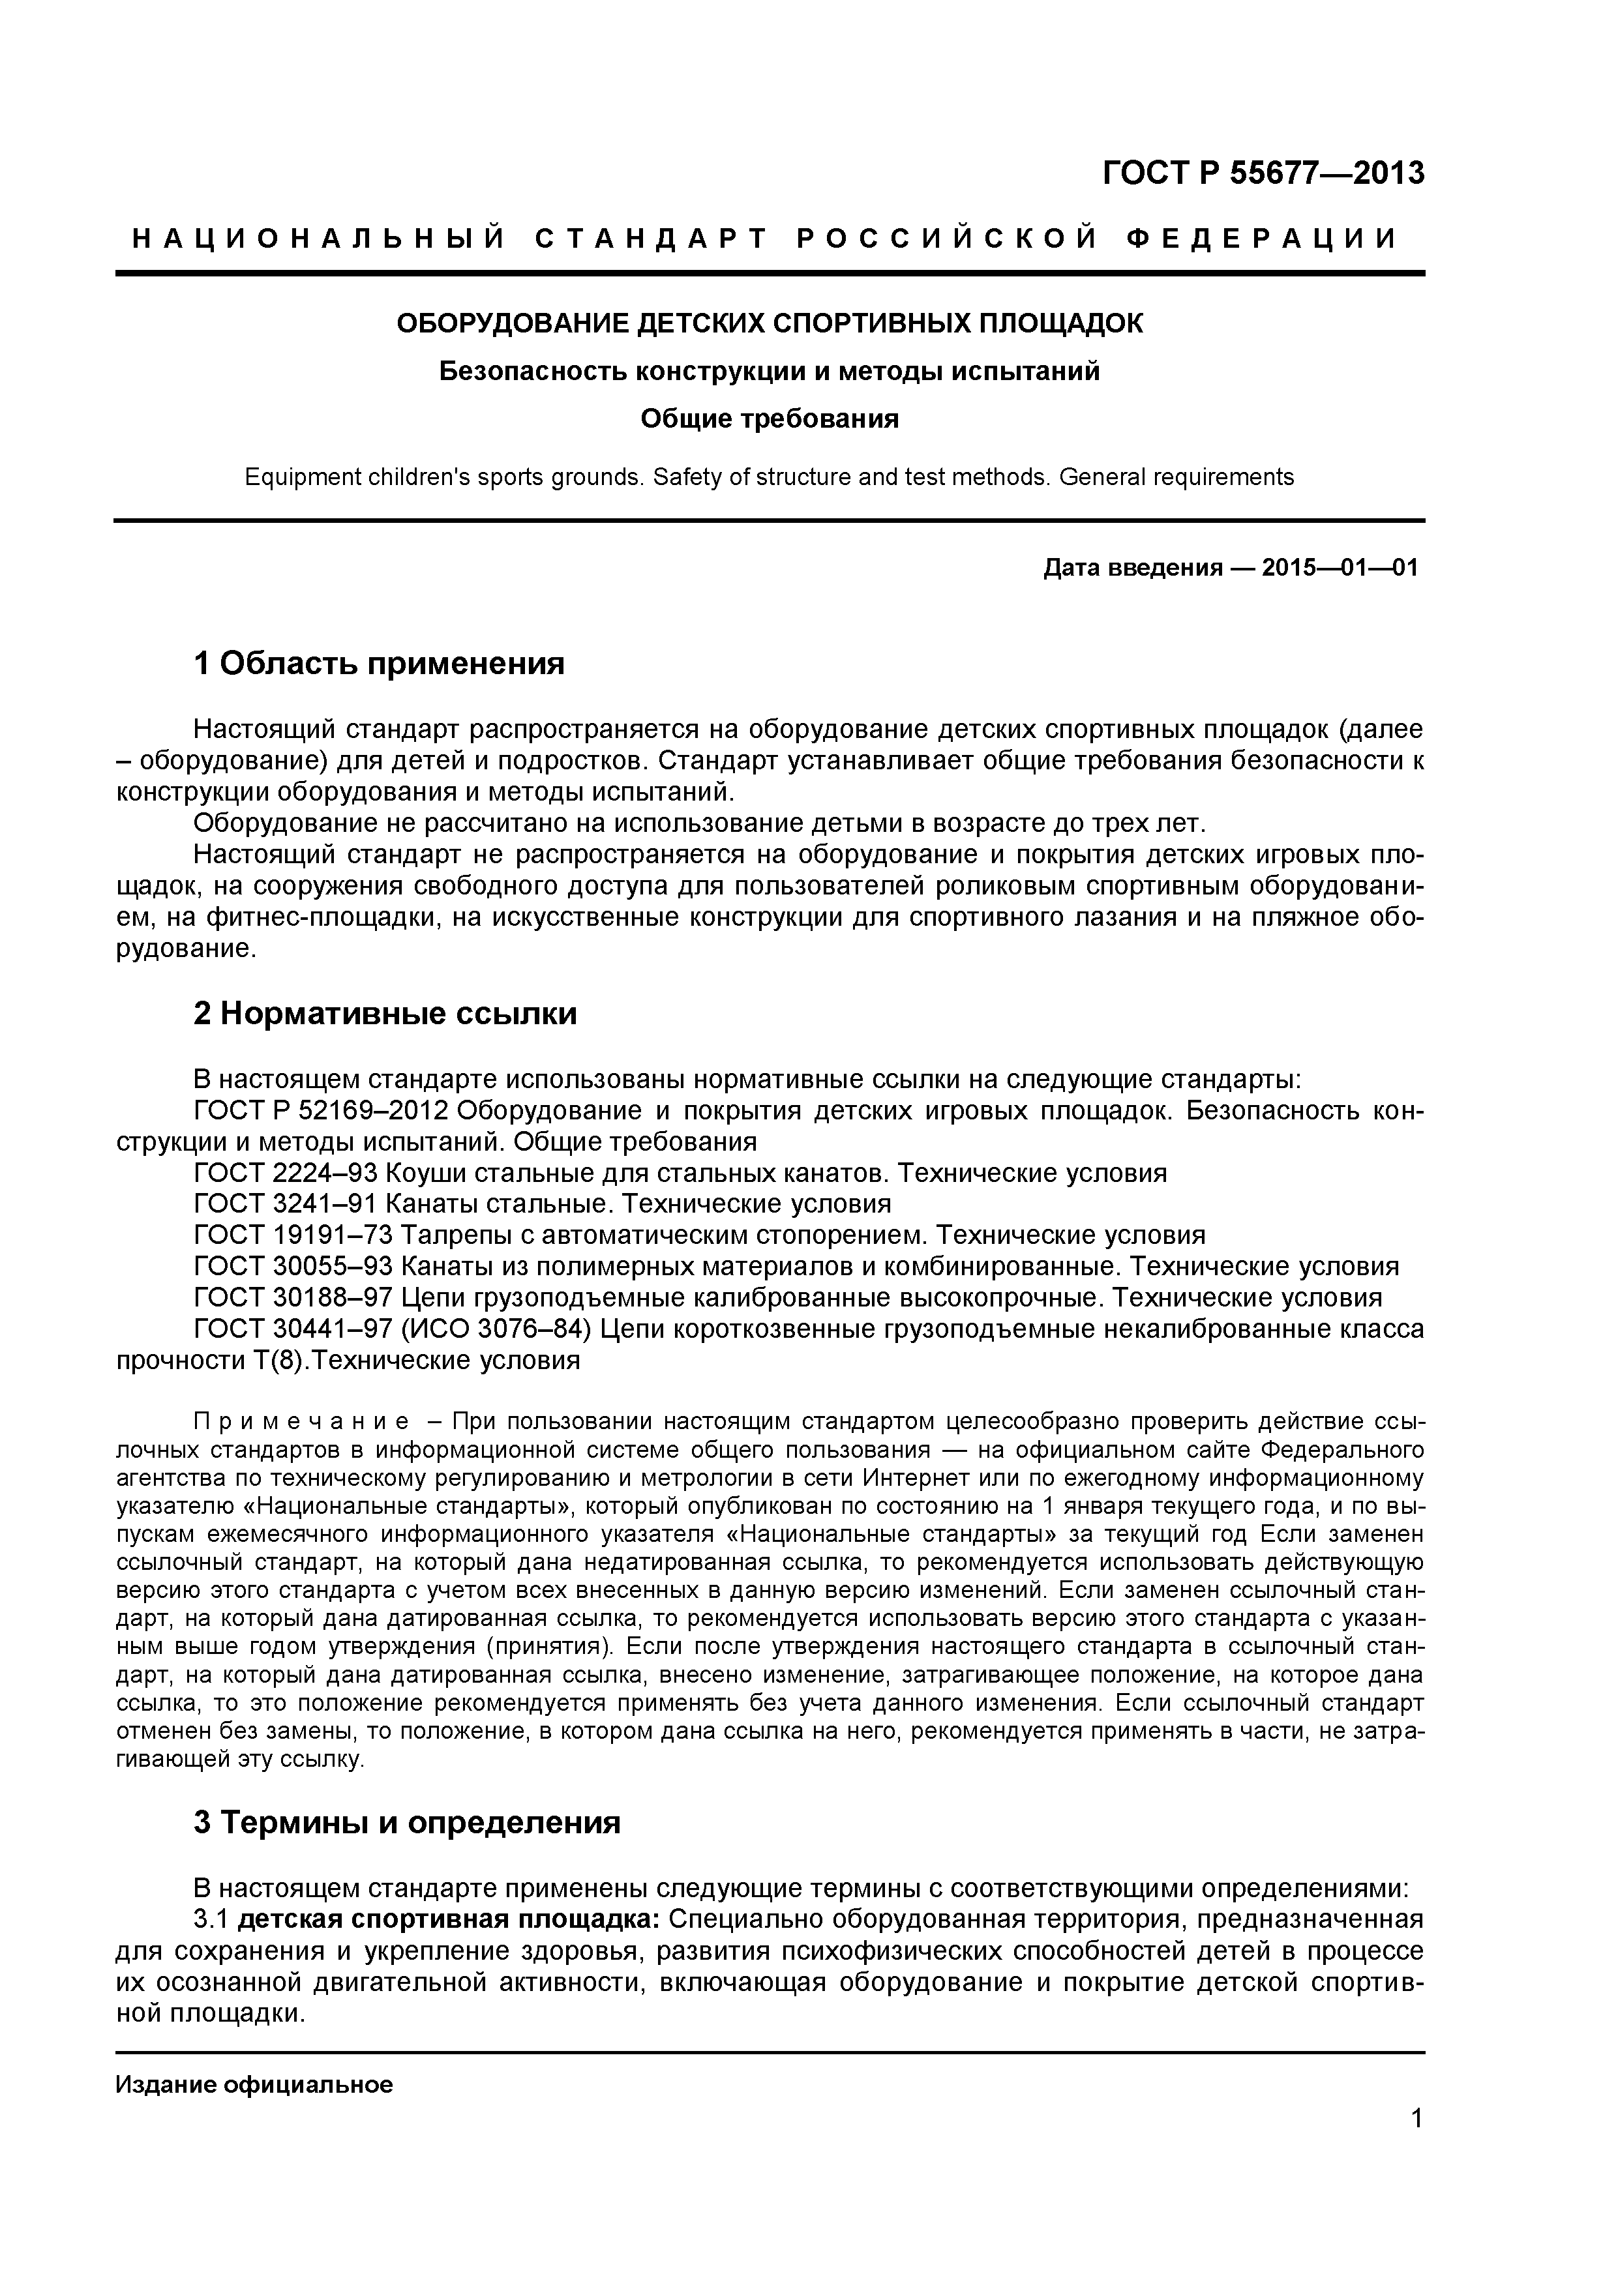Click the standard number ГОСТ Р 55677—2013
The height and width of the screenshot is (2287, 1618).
click(x=1263, y=173)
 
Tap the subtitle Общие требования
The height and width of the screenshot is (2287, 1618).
click(x=769, y=419)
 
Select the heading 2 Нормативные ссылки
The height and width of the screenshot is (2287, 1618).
click(x=385, y=1013)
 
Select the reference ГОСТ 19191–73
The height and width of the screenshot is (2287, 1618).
click(x=293, y=1235)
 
